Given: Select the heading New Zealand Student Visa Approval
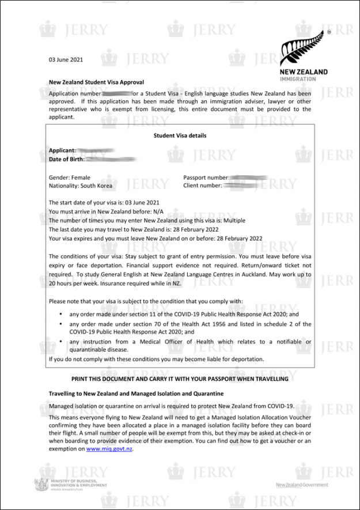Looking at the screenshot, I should click(x=96, y=82).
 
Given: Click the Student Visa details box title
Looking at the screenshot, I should click(x=180, y=136).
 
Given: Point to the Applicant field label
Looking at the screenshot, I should click(x=62, y=150).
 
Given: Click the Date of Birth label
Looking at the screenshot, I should click(x=67, y=159).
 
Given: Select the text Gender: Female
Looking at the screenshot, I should click(x=69, y=177).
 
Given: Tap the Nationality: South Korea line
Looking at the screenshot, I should click(x=81, y=186).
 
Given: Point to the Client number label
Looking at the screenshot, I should click(x=202, y=186).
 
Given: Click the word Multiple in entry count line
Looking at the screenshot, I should click(x=233, y=220).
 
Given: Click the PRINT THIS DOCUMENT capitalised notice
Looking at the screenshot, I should click(x=180, y=379).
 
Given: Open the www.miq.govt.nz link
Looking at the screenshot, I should click(x=109, y=448).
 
